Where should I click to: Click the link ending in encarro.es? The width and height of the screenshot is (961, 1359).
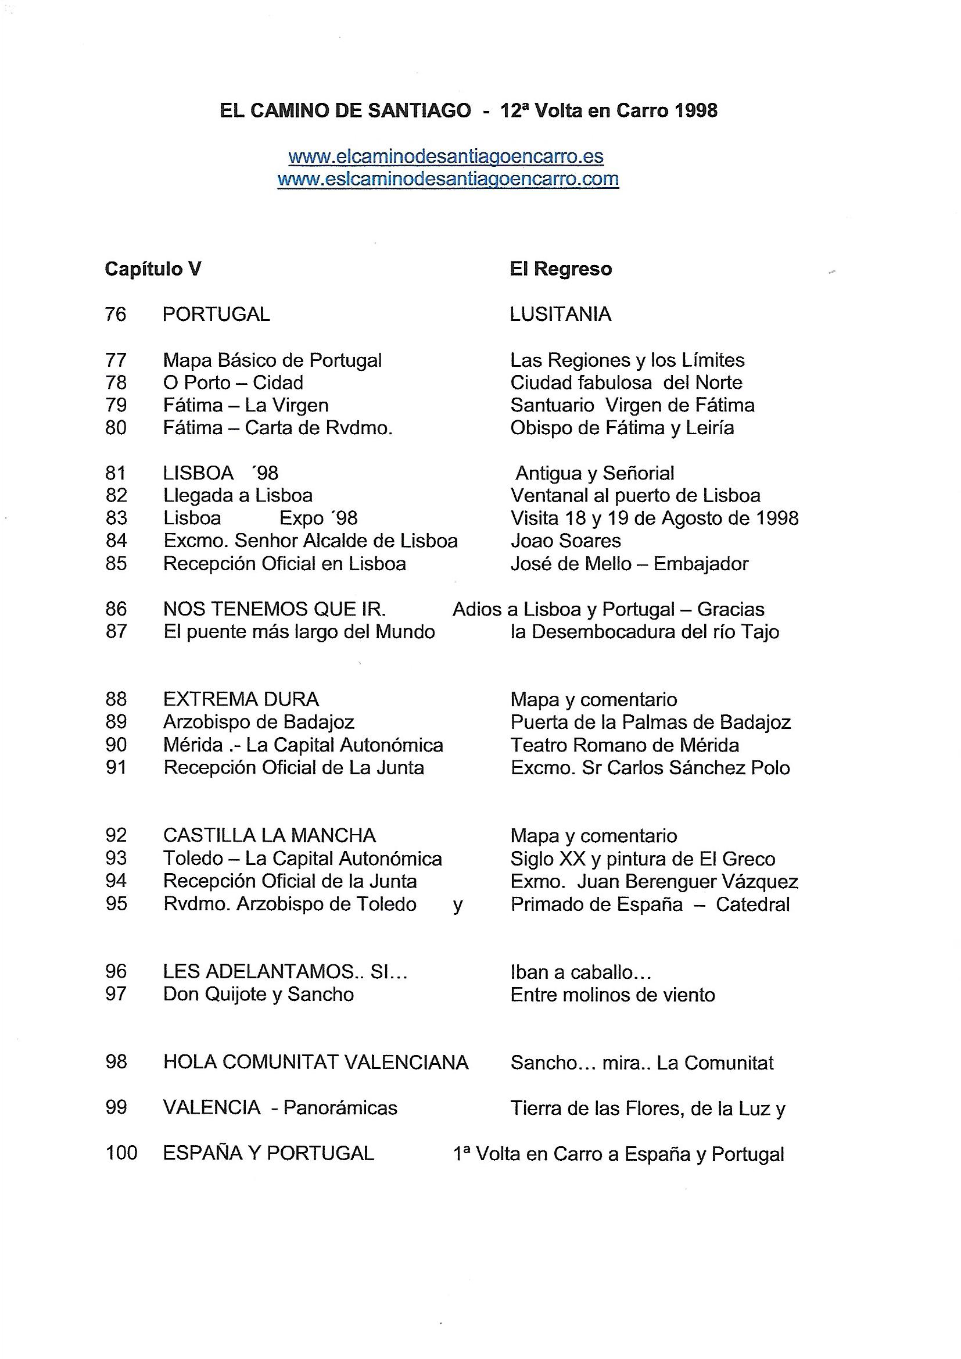click(x=446, y=157)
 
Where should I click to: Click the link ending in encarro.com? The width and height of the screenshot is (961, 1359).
click(x=448, y=180)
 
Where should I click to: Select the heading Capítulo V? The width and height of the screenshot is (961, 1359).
click(x=153, y=269)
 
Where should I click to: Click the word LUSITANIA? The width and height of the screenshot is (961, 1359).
click(x=560, y=314)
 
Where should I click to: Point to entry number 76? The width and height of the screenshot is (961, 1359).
click(x=116, y=314)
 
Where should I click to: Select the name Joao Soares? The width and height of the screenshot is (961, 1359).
click(x=565, y=541)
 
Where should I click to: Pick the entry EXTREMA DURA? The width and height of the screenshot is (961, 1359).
click(x=241, y=699)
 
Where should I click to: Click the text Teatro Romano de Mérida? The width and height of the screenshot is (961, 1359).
click(x=624, y=745)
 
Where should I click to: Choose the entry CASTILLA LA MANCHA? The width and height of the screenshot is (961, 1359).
click(x=269, y=835)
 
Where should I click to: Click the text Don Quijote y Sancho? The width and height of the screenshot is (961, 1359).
click(x=259, y=994)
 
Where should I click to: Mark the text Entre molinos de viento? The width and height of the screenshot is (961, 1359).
click(x=612, y=995)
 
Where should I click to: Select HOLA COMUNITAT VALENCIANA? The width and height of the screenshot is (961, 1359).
click(x=315, y=1063)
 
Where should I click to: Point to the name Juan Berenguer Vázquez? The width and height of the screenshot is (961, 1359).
click(x=687, y=881)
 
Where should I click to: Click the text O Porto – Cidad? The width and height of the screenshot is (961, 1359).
click(x=233, y=382)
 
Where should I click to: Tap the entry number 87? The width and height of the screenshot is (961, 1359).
click(x=116, y=632)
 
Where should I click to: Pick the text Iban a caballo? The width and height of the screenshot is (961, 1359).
click(x=580, y=972)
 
